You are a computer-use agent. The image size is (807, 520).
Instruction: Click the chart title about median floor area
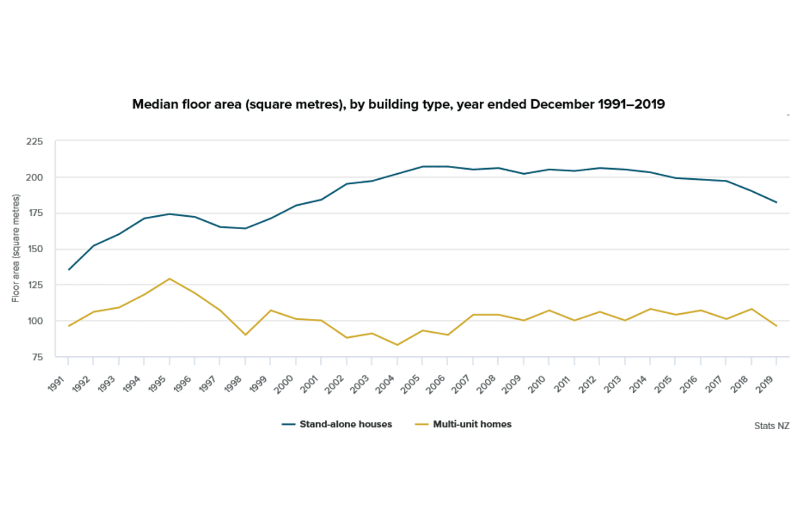398,104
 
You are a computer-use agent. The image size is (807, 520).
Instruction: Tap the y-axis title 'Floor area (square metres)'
16,248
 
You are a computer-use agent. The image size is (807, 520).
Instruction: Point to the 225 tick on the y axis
34,141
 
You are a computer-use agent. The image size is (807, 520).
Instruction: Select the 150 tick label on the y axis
35,249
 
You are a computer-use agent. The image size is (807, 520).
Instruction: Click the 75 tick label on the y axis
36,357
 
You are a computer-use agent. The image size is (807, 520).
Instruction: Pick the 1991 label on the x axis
57,384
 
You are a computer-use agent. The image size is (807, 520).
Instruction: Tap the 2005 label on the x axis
411,384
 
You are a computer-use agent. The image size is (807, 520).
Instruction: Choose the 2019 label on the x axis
765,384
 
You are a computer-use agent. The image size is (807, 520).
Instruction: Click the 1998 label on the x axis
234,384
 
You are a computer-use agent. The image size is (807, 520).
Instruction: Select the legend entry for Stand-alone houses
337,424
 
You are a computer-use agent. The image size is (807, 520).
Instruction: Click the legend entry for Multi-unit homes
463,424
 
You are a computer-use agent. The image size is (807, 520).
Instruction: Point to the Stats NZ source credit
771,426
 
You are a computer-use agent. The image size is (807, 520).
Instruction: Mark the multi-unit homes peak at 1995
169,278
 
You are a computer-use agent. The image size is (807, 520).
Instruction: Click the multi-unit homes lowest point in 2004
397,345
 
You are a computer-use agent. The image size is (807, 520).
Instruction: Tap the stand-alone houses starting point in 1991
68,270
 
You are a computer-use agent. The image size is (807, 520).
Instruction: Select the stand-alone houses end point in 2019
776,202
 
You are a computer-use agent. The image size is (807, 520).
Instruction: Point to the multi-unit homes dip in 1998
245,335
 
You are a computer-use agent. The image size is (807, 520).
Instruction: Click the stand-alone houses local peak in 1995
169,214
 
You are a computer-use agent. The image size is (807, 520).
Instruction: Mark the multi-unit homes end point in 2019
776,326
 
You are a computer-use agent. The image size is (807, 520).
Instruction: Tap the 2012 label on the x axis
588,384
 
